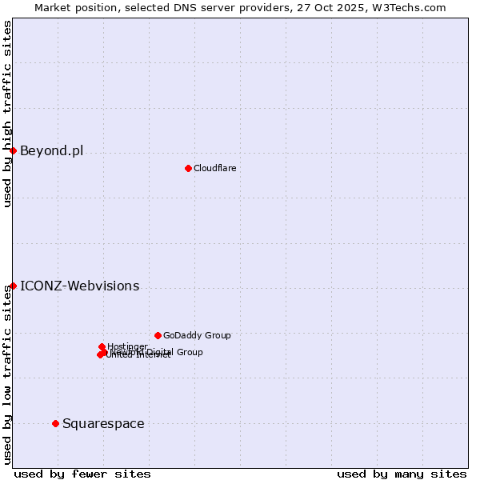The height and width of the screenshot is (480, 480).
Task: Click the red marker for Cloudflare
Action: point(188,168)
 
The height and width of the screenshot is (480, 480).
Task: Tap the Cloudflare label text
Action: point(214,168)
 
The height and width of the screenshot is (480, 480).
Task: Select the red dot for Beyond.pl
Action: point(13,150)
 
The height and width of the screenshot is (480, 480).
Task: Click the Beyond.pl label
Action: point(51,150)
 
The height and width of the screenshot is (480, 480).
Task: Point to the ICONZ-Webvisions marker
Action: point(13,286)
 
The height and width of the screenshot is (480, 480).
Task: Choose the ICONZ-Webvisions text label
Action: point(79,286)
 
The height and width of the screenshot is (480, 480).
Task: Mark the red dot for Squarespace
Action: point(55,423)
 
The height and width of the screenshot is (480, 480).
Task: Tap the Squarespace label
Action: point(103,423)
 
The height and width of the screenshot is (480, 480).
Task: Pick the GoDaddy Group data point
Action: point(158,335)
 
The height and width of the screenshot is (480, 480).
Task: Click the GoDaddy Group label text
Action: point(197,335)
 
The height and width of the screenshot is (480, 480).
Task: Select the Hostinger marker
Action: point(102,346)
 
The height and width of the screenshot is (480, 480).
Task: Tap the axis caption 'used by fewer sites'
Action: point(82,474)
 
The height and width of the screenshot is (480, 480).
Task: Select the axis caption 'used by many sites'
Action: point(402,474)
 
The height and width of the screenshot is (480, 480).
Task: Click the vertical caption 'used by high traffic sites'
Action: point(7,114)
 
